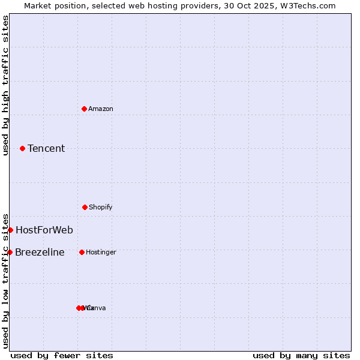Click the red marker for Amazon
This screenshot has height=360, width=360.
click(x=84, y=109)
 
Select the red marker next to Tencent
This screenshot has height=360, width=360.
click(x=22, y=148)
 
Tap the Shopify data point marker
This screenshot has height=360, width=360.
click(x=85, y=207)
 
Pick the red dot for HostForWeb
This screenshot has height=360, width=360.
click(x=10, y=230)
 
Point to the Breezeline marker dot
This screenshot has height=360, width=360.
click(x=10, y=252)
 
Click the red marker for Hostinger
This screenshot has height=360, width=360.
click(x=82, y=252)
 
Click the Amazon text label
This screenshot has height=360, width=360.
click(x=101, y=109)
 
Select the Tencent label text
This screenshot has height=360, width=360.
click(x=46, y=149)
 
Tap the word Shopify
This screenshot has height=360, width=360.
click(x=101, y=207)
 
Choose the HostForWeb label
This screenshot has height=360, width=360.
click(x=44, y=230)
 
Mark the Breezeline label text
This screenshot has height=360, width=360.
click(x=40, y=252)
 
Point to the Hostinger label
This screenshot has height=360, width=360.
click(x=101, y=252)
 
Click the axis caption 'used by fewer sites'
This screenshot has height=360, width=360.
click(x=62, y=355)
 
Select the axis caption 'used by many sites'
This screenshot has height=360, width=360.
click(x=301, y=355)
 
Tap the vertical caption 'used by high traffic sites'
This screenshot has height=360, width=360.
click(x=5, y=85)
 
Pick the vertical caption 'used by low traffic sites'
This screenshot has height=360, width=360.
click(x=5, y=281)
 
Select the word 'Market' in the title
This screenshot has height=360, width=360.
click(x=38, y=5)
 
